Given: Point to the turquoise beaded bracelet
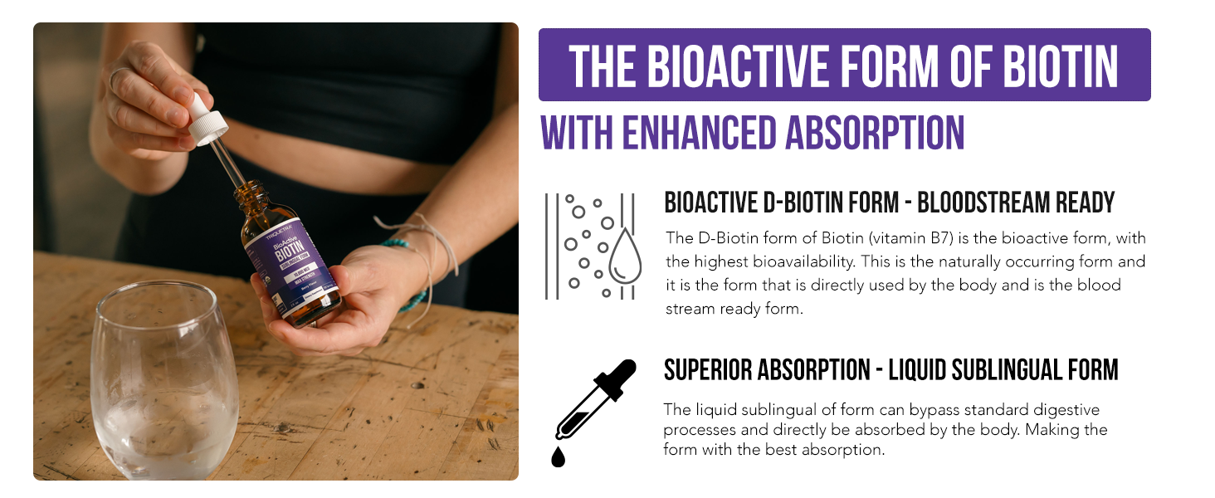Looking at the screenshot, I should point(412,273).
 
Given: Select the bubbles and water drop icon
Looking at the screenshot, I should point(590,245).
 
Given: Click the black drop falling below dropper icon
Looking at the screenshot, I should point(559,456).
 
